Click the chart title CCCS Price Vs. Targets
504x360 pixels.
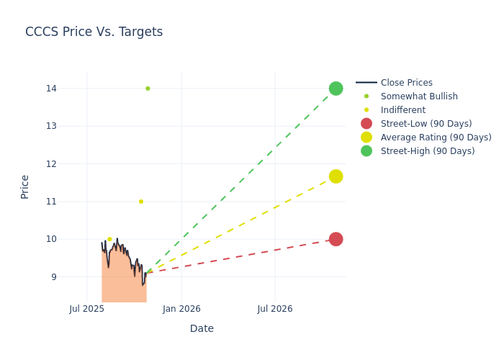pyautogui.click(x=94, y=32)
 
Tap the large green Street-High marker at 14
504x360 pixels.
pyautogui.click(x=336, y=89)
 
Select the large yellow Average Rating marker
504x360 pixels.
pyautogui.click(x=336, y=176)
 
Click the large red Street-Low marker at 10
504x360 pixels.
pyautogui.click(x=336, y=239)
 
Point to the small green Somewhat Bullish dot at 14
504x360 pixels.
pyautogui.click(x=148, y=89)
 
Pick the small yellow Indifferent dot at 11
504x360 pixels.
pyautogui.click(x=141, y=202)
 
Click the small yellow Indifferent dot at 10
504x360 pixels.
pyautogui.click(x=109, y=239)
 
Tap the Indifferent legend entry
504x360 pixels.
pyautogui.click(x=402, y=110)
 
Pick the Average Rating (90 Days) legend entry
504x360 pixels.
pyautogui.click(x=436, y=138)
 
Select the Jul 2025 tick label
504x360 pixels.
pyautogui.click(x=87, y=309)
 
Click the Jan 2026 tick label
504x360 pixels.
pyautogui.click(x=181, y=309)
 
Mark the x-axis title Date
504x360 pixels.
pyautogui.click(x=202, y=328)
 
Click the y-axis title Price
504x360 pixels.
pyautogui.click(x=25, y=186)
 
